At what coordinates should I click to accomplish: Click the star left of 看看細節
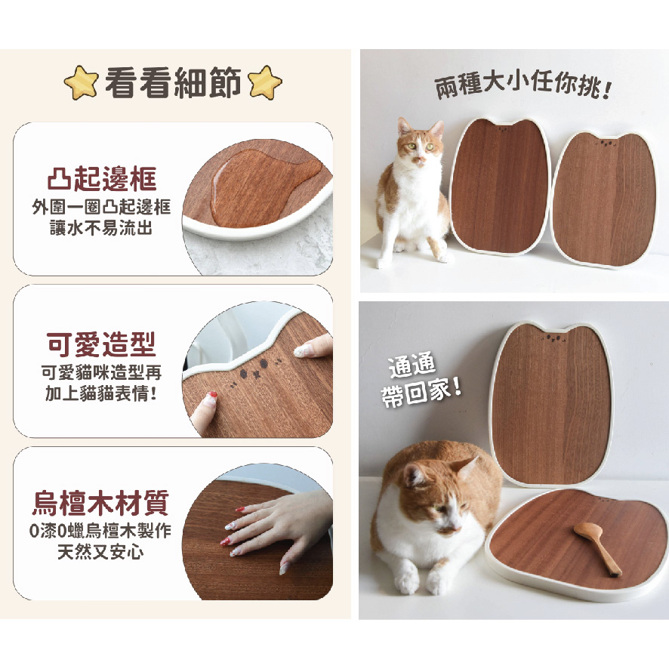click(82, 82)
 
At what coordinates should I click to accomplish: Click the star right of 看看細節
click(264, 82)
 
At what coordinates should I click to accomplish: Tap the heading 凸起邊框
click(101, 180)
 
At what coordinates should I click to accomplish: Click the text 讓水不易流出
click(101, 227)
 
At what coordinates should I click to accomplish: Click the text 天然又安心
click(100, 552)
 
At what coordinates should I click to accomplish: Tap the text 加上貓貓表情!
click(101, 392)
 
